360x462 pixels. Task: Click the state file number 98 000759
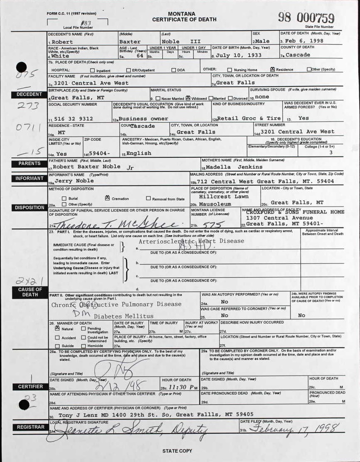coord(306,17)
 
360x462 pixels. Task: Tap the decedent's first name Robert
coord(62,42)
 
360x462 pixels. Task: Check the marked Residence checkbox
coord(272,69)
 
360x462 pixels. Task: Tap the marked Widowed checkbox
coord(188,98)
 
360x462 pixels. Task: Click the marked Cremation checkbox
coord(107,198)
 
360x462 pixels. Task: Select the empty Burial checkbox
coord(64,199)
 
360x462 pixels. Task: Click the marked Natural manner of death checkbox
coord(57,328)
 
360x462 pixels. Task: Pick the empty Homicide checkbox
coord(83,346)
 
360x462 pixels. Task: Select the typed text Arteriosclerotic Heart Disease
coord(191,241)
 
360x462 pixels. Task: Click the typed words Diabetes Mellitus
coord(123,316)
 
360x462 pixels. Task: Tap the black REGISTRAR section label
coord(30,427)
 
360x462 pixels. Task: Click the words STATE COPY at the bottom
coord(177,451)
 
